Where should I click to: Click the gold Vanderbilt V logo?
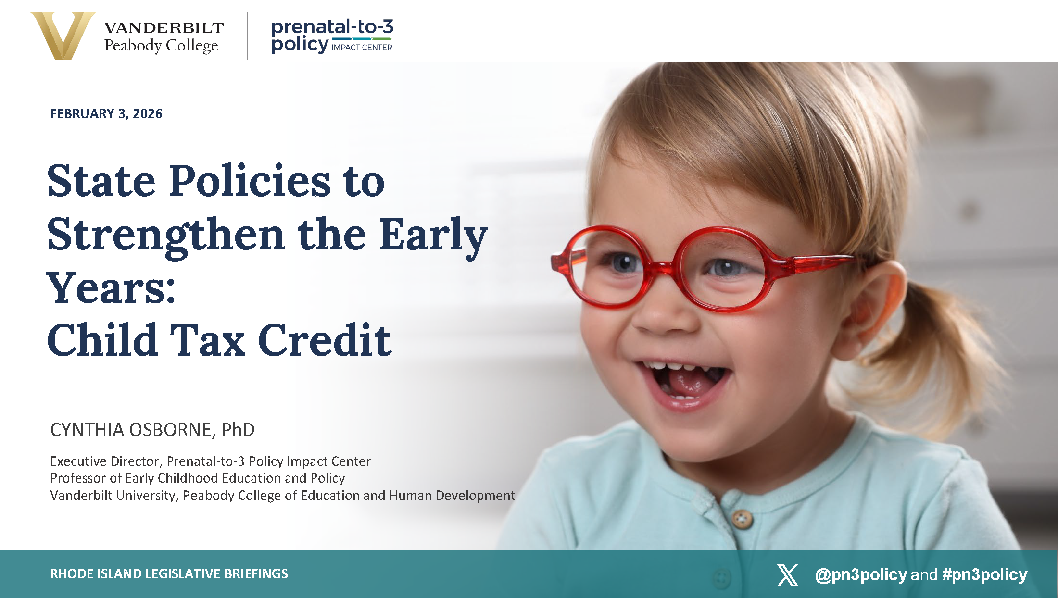tap(63, 36)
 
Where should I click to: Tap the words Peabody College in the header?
tap(161, 46)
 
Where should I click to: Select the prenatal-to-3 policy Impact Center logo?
tap(332, 36)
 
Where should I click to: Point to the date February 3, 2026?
tap(106, 114)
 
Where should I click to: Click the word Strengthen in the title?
tap(166, 236)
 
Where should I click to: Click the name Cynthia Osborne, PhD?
tap(152, 430)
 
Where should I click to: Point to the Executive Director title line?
tap(211, 461)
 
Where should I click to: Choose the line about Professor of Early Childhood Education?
tap(198, 478)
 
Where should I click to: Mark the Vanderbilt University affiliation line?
tap(283, 496)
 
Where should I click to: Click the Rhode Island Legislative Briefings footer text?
tap(169, 574)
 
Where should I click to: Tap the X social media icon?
tap(788, 575)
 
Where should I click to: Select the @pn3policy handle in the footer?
tap(861, 575)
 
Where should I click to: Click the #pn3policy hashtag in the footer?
tap(985, 575)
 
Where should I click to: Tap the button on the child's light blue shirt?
tap(743, 519)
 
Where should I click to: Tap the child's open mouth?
tap(685, 382)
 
